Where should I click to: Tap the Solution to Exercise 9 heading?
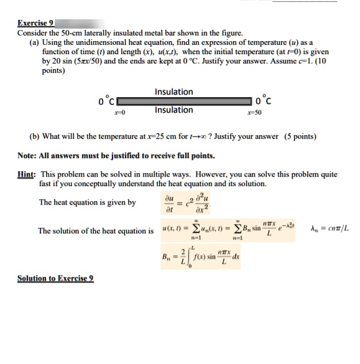click(x=55, y=278)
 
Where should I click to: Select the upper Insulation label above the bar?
click(x=173, y=92)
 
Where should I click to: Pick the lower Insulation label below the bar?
click(x=173, y=110)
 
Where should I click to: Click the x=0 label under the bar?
click(x=118, y=111)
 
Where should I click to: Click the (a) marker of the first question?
click(x=35, y=41)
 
